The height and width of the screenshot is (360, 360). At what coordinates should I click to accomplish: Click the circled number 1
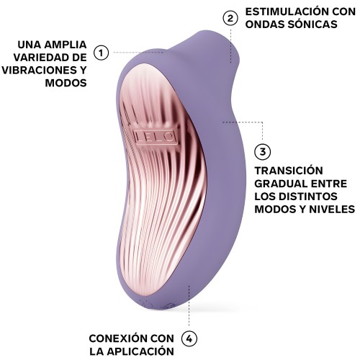[102, 53]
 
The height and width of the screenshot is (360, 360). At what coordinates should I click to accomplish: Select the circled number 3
[264, 151]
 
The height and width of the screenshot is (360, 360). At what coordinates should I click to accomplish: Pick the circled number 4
[189, 338]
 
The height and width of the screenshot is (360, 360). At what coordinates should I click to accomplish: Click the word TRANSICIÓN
[288, 171]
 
